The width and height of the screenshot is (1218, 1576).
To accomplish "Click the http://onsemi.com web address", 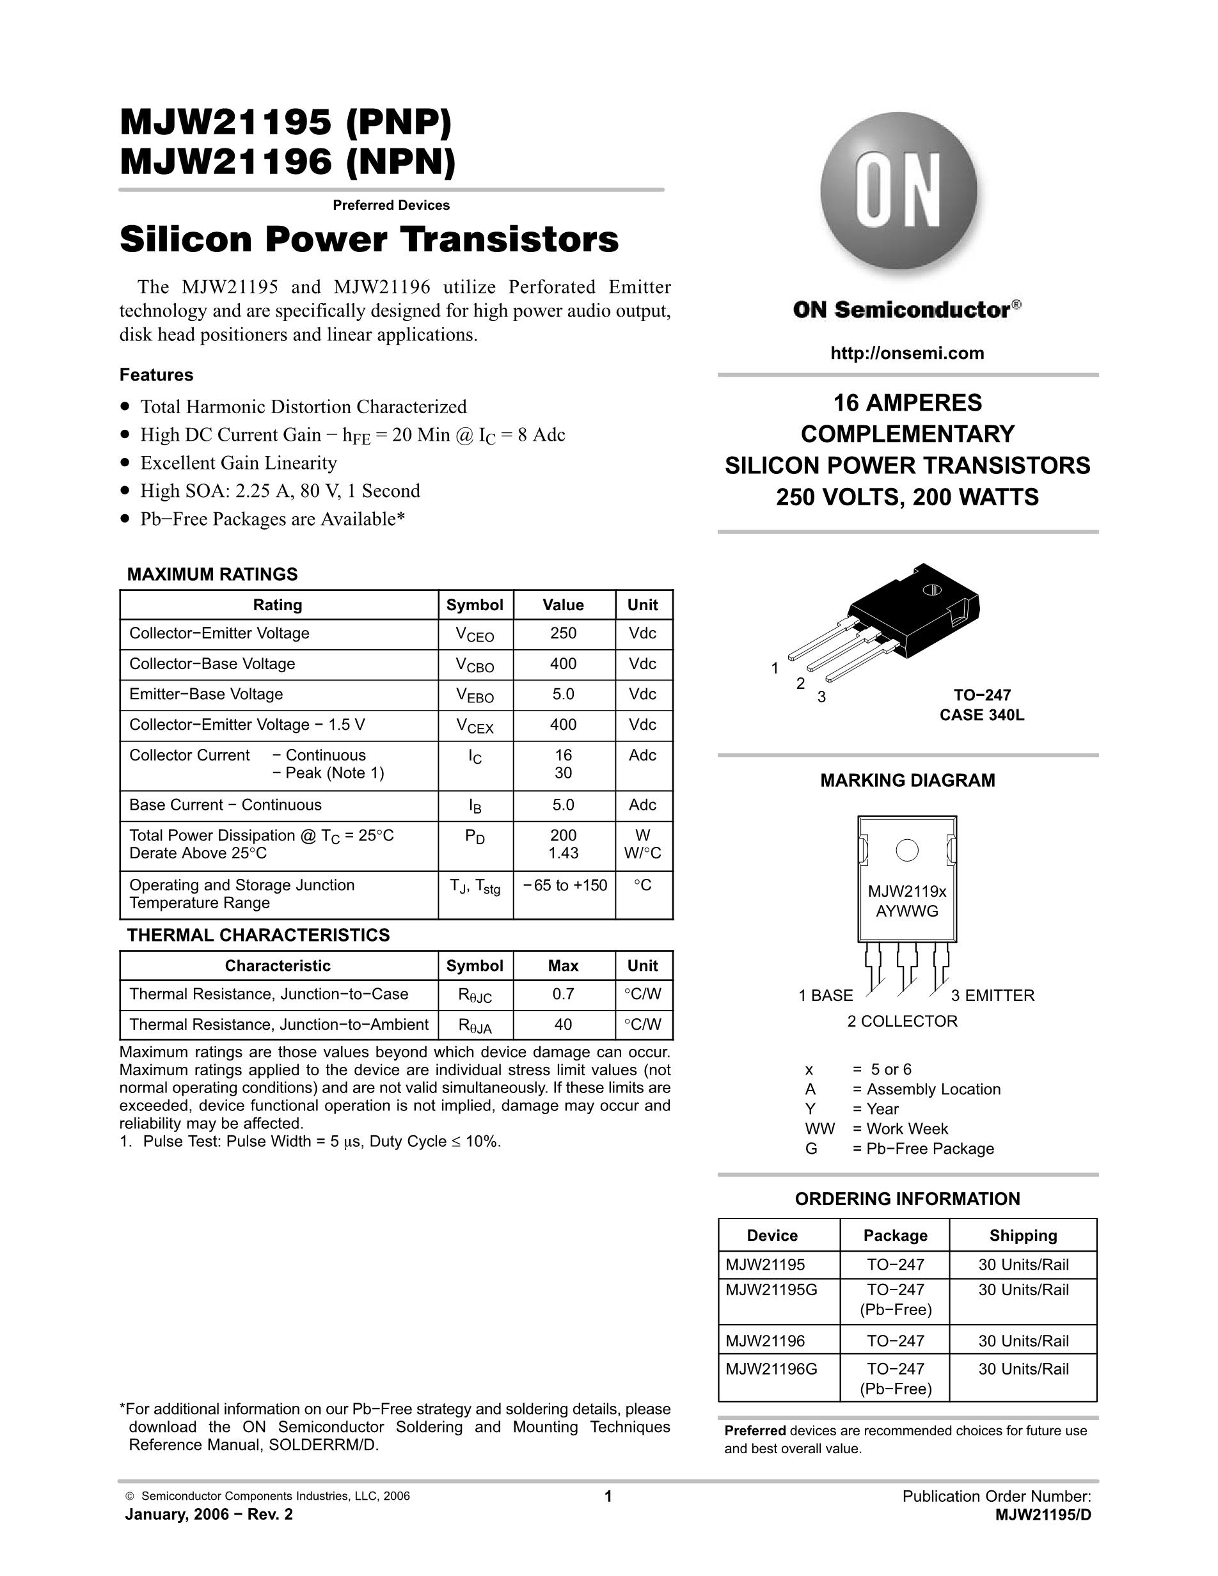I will point(907,353).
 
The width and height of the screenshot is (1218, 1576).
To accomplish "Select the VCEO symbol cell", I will point(475,634).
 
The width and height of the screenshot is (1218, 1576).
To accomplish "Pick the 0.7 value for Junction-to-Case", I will point(563,994).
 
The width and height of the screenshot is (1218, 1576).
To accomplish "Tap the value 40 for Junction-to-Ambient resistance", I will point(563,1024).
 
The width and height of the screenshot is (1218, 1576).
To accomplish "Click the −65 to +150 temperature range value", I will point(564,885).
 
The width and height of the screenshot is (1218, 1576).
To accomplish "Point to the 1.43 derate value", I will point(563,853).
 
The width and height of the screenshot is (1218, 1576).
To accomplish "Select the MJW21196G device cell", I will point(771,1369).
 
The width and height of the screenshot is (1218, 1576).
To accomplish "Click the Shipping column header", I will point(1022,1235).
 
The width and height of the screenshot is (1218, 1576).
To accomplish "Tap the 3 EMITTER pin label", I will point(992,996).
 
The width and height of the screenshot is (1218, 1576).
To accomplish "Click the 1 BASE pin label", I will point(825,996).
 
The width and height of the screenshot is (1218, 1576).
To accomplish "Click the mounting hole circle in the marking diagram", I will point(907,851).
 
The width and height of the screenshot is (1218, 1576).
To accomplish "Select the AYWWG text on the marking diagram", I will point(907,911).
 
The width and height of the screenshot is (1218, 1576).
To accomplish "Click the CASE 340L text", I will point(981,715).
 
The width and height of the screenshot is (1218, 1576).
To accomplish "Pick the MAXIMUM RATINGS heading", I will point(212,574).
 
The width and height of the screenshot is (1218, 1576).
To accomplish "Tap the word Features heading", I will point(157,375).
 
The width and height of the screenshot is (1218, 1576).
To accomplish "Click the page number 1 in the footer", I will point(608,1497).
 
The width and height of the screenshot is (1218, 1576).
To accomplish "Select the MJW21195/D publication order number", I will point(1043,1515).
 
